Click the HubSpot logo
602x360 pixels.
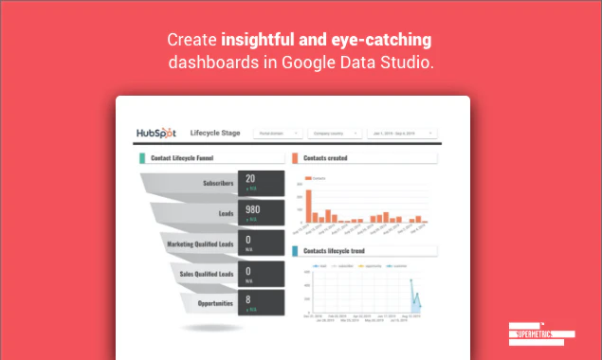coord(156,132)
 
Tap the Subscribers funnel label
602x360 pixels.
coord(218,183)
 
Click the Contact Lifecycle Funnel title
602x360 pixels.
coord(183,157)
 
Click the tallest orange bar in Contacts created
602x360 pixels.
coord(308,204)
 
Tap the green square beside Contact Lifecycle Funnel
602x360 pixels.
coord(142,157)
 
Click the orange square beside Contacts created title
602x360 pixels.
coord(296,157)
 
